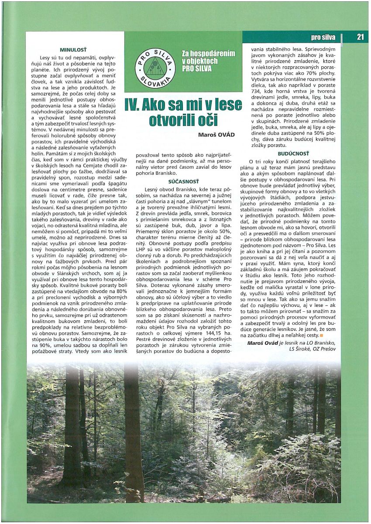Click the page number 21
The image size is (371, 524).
click(x=360, y=37)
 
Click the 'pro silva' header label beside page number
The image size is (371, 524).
click(x=323, y=37)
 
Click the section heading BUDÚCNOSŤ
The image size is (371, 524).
click(x=293, y=153)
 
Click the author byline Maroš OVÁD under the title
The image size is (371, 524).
click(x=216, y=134)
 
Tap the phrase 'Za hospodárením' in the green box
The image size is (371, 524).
click(x=208, y=54)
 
